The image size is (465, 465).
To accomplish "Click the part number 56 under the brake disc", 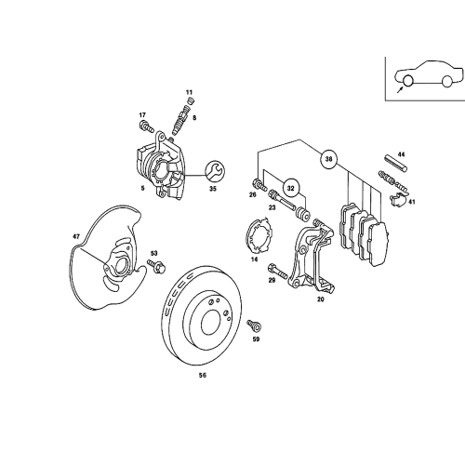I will coord(203,375).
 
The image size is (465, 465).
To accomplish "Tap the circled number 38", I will coord(329,159).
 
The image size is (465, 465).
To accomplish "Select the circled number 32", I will coord(290,187).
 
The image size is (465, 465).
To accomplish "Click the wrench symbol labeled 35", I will coord(212,169).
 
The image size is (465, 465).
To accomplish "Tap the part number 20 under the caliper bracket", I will coord(320,299).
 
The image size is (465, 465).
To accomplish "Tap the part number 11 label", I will coord(189,93).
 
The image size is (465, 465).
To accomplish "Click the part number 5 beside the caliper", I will coord(142,187).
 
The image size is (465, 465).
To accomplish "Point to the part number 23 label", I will coord(272,207).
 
